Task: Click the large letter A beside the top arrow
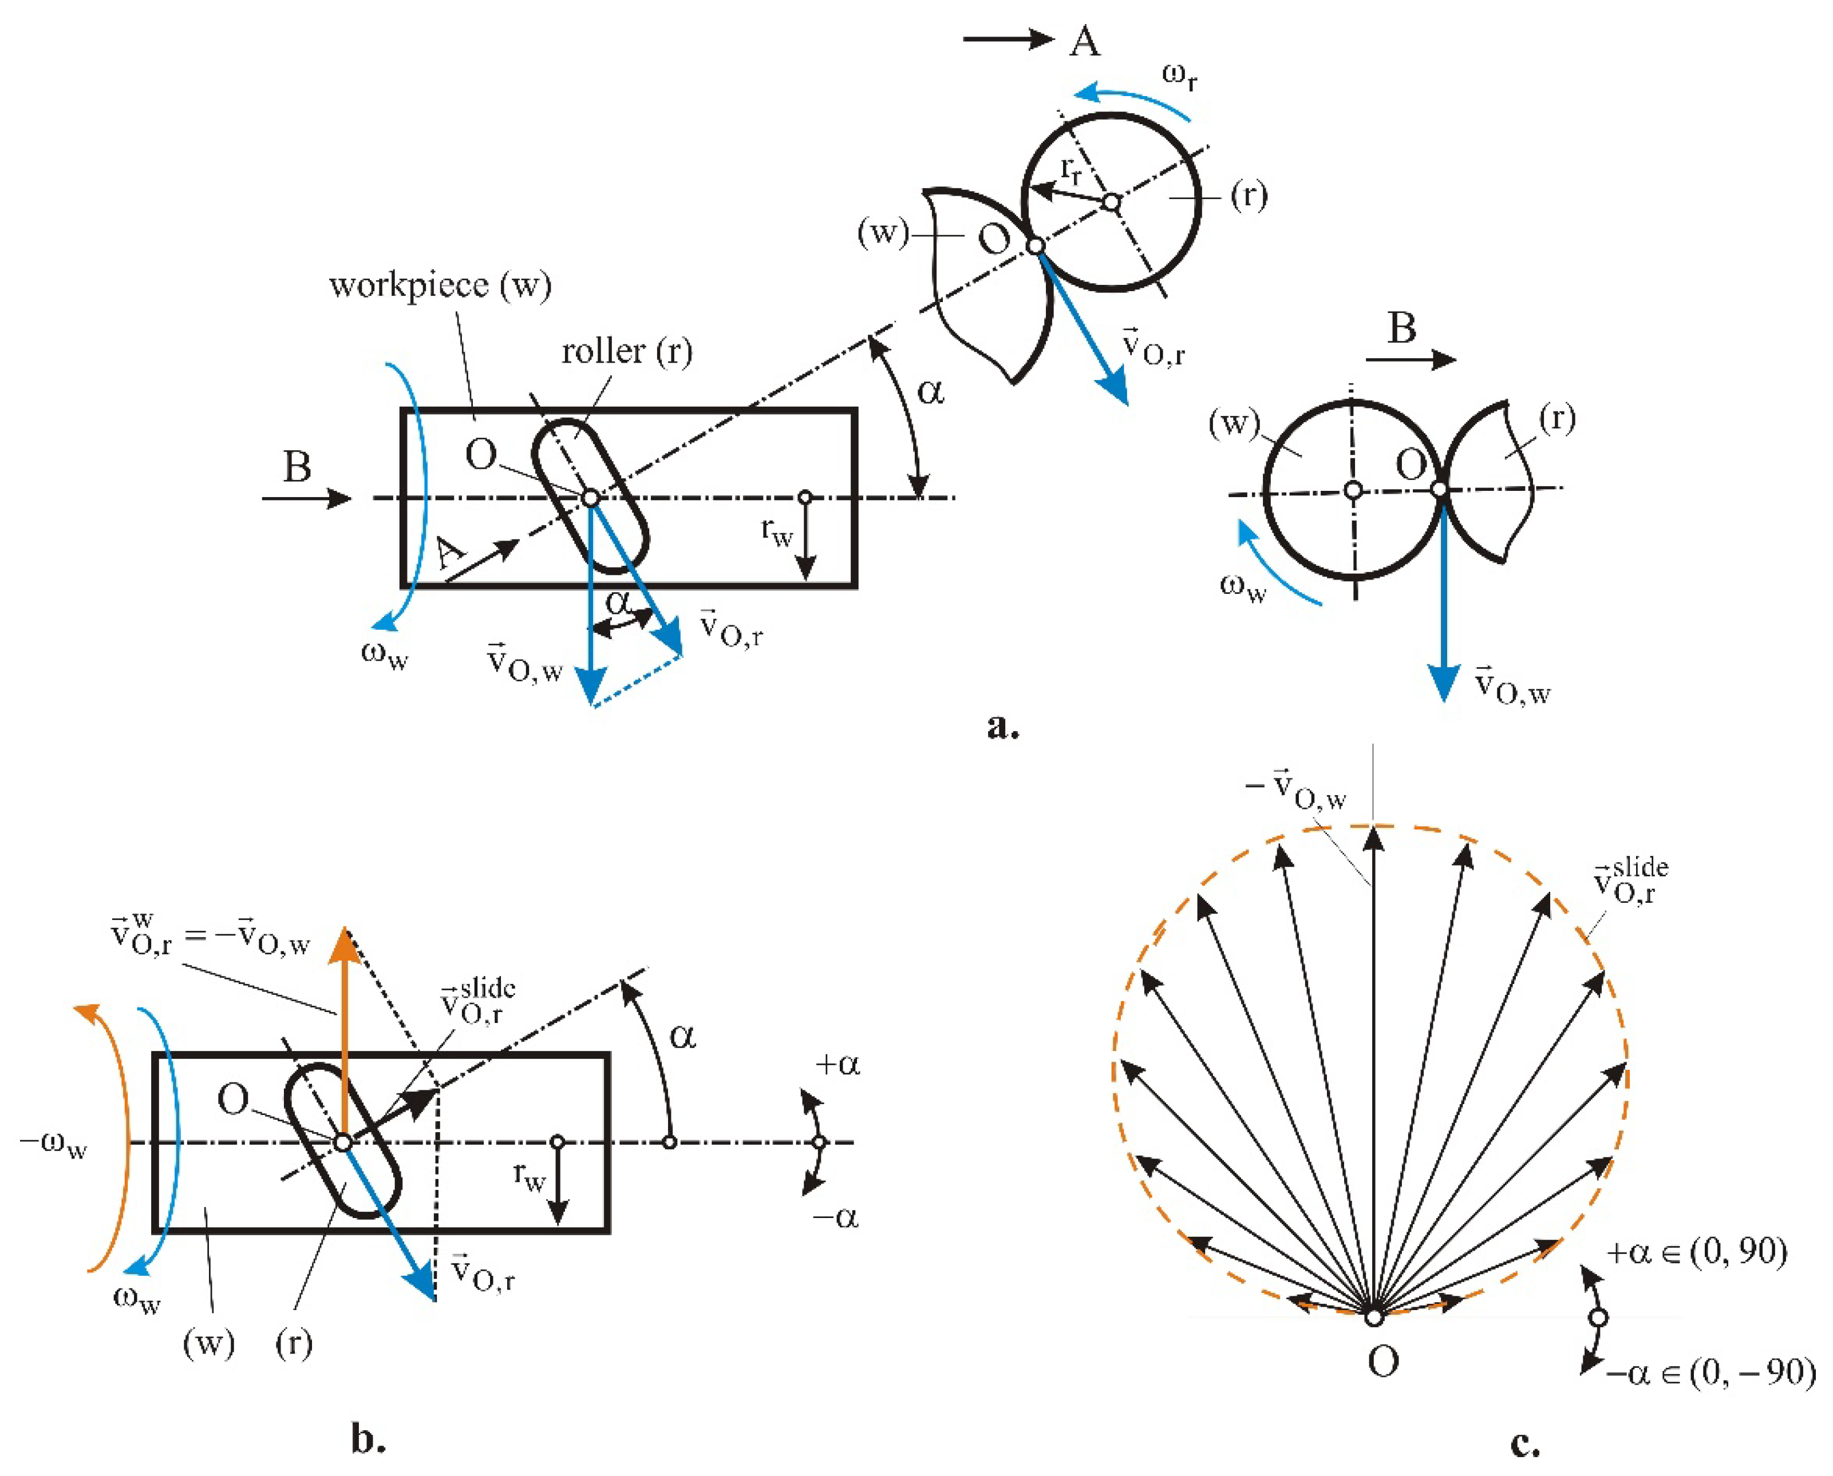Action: click(1084, 41)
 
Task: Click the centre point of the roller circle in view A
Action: click(1112, 203)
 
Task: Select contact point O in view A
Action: click(1035, 246)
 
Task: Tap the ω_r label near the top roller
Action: click(1180, 77)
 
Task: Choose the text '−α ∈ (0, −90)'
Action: click(1710, 1372)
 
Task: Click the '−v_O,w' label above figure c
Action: click(1296, 789)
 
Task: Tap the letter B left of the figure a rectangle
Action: click(297, 467)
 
